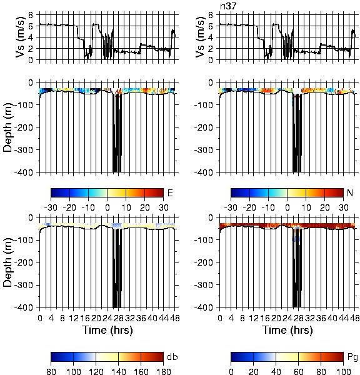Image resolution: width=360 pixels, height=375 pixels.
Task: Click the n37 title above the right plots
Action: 228,6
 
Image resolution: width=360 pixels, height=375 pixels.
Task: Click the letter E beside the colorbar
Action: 170,192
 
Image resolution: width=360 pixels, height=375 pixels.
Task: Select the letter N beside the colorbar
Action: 350,192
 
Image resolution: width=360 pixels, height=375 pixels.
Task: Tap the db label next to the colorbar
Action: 172,357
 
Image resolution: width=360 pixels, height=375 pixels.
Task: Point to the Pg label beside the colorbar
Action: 352,357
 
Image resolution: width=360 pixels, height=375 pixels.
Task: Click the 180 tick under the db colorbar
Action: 163,371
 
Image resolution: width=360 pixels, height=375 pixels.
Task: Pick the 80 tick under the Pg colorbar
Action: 321,371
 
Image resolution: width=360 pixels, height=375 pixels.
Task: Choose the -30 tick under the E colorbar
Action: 51,207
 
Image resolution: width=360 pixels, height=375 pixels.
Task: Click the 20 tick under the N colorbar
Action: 324,207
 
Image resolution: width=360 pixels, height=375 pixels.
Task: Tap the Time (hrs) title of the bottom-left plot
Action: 107,330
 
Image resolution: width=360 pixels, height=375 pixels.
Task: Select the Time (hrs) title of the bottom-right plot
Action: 287,330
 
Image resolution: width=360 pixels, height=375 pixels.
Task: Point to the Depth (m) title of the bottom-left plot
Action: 8,262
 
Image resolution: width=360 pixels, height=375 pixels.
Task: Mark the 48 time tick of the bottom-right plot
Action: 354,318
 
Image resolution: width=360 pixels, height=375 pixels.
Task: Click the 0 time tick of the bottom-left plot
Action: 40,318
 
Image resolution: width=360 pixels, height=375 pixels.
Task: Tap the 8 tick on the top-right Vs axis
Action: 211,15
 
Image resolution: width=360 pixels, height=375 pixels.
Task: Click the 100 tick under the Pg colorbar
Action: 343,371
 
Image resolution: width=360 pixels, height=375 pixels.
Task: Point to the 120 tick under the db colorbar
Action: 96,371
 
